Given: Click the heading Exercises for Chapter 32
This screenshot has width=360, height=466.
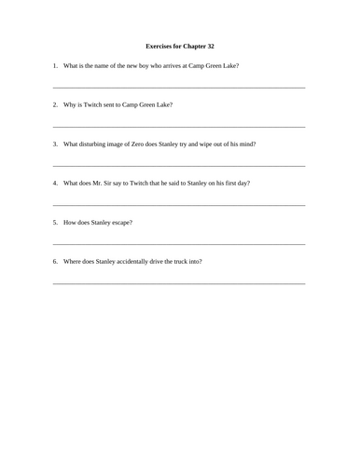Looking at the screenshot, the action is click(180, 45).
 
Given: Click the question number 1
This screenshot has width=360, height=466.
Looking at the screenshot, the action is click(55, 65).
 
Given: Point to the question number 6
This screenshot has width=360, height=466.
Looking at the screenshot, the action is click(55, 261).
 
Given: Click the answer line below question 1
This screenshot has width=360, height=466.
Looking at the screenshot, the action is click(180, 88).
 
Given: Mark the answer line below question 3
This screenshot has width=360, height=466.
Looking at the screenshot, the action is click(180, 166).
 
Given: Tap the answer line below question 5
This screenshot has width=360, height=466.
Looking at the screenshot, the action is click(180, 244).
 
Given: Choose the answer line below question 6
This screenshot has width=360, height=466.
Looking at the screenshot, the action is click(180, 283).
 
